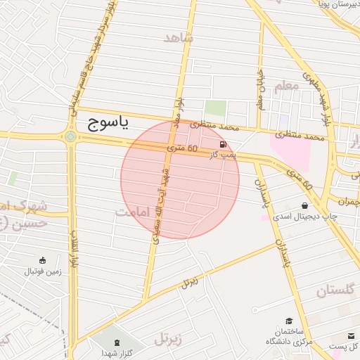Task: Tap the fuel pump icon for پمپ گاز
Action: click(x=214, y=144)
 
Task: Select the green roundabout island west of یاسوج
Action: click(x=70, y=137)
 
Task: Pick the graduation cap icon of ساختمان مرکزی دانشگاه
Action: click(x=289, y=321)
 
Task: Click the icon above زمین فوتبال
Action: click(x=43, y=260)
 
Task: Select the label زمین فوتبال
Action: click(x=43, y=271)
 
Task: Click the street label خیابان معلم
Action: click(x=259, y=91)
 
